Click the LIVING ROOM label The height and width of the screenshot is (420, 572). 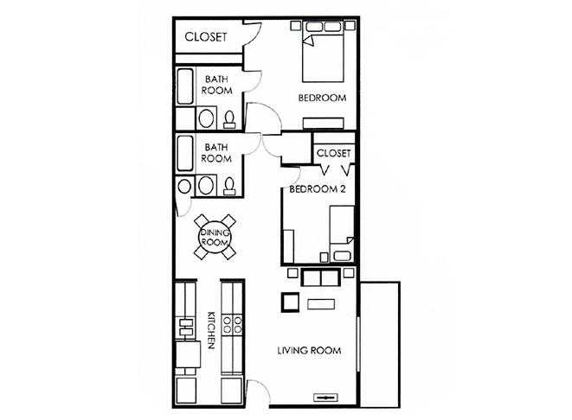(309, 350)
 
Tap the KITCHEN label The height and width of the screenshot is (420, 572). (211, 330)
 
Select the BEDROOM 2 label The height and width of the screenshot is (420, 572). (318, 189)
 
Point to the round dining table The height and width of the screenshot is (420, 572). (215, 237)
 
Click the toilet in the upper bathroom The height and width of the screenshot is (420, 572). (229, 119)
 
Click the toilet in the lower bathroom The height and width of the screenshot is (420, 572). (229, 186)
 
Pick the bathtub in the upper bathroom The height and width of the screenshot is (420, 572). (185, 86)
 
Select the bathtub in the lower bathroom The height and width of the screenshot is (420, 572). (185, 153)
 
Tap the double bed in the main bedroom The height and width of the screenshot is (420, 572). (323, 52)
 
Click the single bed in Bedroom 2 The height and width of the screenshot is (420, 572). (342, 233)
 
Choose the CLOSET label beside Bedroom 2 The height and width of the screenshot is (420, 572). (333, 153)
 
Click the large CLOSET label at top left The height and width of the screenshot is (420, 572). (206, 37)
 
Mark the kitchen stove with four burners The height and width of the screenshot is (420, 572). (233, 325)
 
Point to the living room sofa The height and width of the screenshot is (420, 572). (321, 277)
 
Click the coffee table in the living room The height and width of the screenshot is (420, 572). (321, 304)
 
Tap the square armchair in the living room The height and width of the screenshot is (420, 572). (290, 302)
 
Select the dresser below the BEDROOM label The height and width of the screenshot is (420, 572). (324, 123)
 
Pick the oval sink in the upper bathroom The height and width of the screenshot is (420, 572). (206, 118)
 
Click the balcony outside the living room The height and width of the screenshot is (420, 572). (380, 344)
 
